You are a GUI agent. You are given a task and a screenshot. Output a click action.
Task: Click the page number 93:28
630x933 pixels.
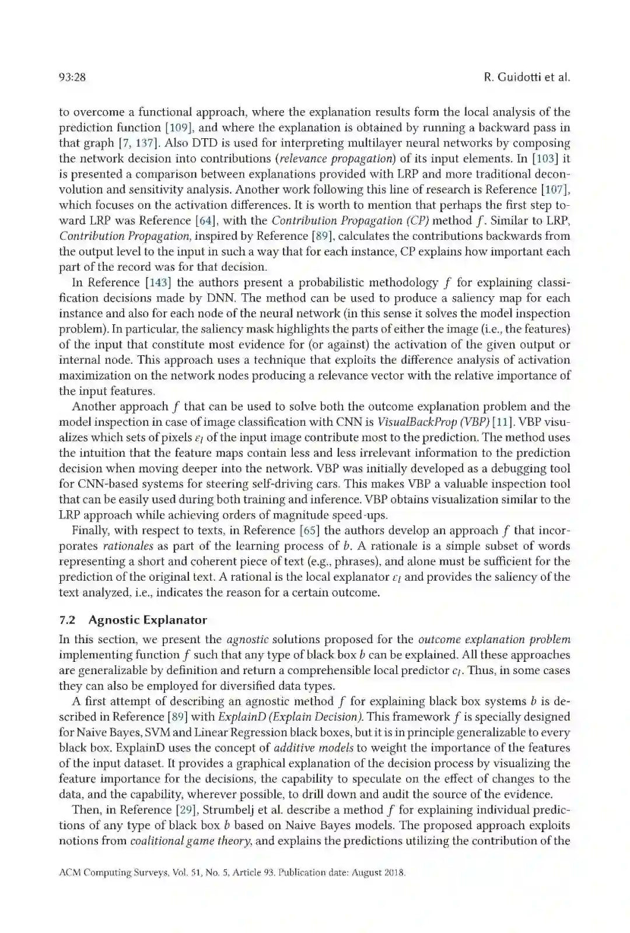[72, 78]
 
